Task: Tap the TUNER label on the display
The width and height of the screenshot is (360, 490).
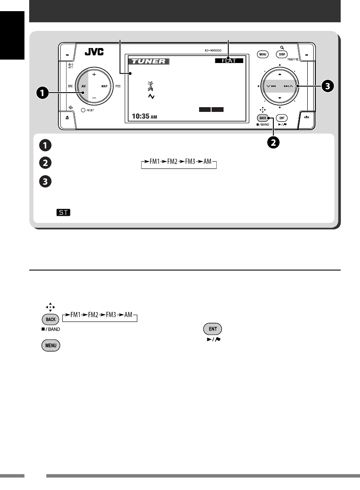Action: [x=148, y=61]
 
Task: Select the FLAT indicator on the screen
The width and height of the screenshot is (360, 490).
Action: [x=229, y=61]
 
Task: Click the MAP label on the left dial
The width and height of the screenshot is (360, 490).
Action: [x=104, y=86]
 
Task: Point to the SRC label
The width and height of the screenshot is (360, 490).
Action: [x=70, y=86]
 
